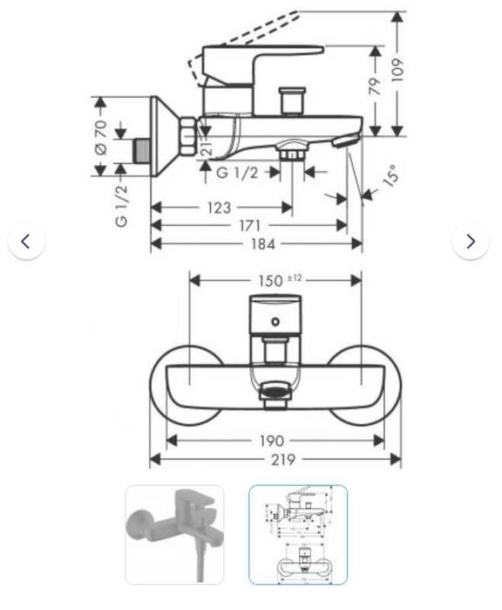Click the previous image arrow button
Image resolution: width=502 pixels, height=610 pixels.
(26, 242)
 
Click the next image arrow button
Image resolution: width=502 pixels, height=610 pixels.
(471, 242)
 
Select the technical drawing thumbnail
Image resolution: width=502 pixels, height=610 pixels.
(298, 534)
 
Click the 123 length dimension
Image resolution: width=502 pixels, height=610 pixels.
(219, 207)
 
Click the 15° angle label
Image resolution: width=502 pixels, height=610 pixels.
(390, 178)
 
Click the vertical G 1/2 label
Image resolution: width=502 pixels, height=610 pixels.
(121, 206)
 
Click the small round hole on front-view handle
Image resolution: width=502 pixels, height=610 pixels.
(275, 323)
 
